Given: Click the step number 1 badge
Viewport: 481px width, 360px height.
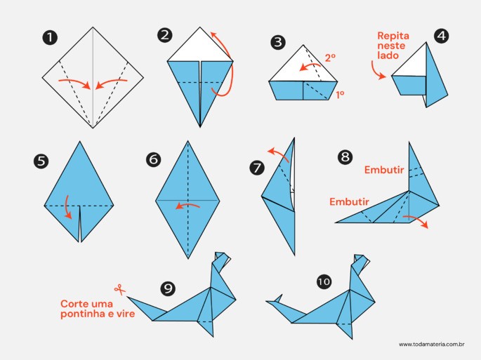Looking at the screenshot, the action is point(50,38).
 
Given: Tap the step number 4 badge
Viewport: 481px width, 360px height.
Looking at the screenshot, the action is point(441,36).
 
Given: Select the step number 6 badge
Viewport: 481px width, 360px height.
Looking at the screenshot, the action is point(153,160).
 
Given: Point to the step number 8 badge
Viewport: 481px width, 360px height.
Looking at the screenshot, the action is point(345,157).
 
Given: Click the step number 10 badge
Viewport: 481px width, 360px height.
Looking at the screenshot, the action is point(324,281).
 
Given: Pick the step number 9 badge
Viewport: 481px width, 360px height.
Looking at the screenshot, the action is point(168,288).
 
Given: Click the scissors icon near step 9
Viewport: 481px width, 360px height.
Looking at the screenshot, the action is point(119,289).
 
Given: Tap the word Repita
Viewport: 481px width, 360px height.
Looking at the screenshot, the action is point(393,36).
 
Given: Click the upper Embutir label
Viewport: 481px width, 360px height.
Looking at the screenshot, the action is point(384,170).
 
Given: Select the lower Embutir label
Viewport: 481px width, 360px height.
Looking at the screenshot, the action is point(349,201).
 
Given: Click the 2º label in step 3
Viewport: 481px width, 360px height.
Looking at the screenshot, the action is point(330,58).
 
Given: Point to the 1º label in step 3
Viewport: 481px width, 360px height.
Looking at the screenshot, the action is point(340,95).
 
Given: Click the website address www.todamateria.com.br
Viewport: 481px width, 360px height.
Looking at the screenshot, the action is point(432,345).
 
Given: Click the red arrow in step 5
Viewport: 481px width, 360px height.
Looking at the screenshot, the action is point(68,207).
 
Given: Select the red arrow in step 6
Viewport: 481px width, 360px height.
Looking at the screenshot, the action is point(187,206).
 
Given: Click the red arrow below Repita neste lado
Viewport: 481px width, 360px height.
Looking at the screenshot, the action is point(378,71).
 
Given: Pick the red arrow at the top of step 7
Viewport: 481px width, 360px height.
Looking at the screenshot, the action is point(278,154).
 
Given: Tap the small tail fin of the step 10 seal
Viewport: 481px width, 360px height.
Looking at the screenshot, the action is point(278,298).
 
